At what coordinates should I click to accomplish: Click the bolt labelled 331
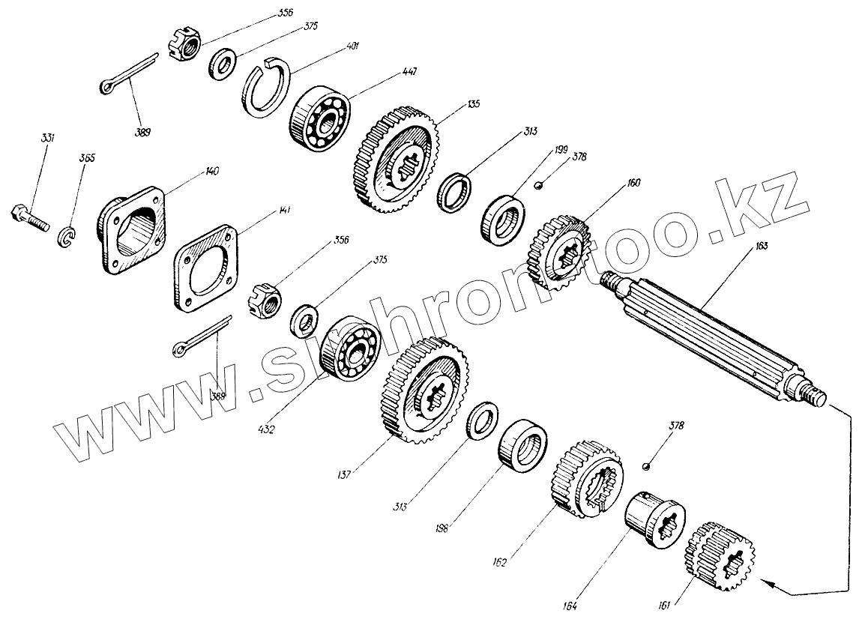click(28, 216)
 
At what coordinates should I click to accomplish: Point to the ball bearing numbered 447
click(319, 118)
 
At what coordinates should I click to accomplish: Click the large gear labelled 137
click(426, 390)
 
